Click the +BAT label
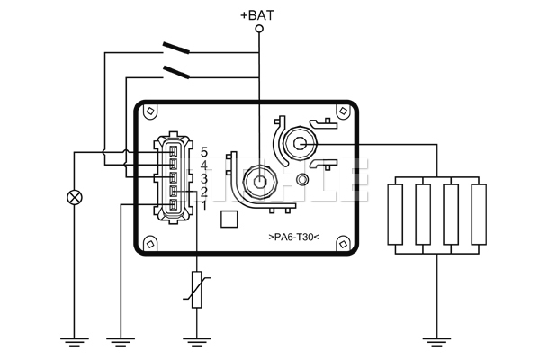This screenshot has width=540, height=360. tap(257, 15)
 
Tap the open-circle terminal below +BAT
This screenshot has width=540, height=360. tap(259, 29)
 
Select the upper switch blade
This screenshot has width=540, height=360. tap(176, 48)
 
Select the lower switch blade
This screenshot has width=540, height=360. tap(176, 72)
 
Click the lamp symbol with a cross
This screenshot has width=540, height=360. tap(75, 198)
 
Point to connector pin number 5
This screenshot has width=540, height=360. tap(204, 152)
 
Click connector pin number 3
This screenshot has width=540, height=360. tap(204, 179)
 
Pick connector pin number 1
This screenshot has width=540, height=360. tap(204, 206)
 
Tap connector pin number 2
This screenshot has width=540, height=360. tap(204, 193)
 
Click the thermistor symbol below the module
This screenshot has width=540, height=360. tap(196, 290)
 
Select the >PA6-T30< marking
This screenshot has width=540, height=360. tap(293, 237)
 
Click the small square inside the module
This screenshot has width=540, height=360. tap(229, 219)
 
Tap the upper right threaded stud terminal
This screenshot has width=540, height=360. tap(300, 144)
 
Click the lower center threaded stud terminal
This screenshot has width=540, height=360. tap(260, 182)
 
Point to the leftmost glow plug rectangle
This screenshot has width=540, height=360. tap(395, 214)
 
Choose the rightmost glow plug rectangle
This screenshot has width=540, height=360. tap(479, 214)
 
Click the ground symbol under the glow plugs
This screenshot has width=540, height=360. tap(436, 342)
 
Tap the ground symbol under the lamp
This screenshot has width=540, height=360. tap(75, 342)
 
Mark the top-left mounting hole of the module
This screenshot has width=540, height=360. tap(150, 111)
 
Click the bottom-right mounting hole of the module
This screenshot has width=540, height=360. tap(343, 244)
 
